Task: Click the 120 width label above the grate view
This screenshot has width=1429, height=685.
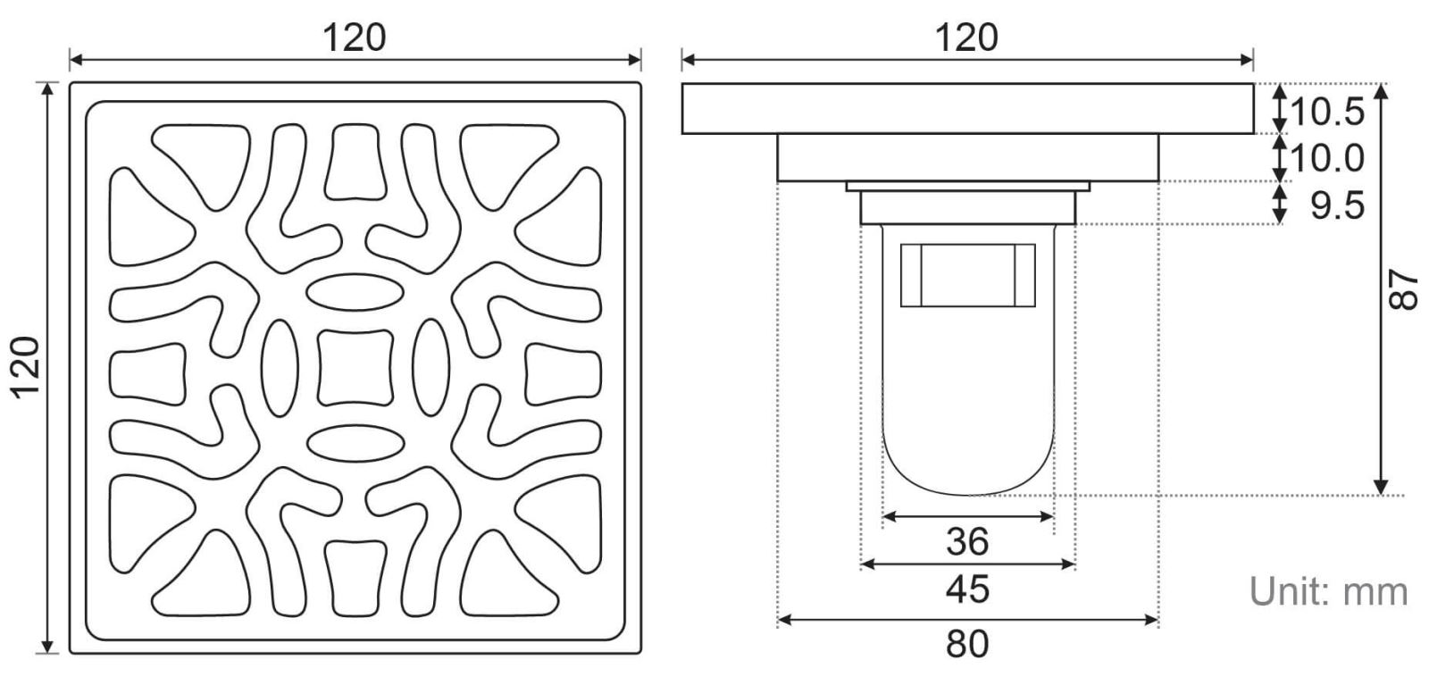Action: point(354,38)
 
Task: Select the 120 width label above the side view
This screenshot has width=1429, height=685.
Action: point(966,38)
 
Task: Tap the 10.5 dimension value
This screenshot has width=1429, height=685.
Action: point(1327,112)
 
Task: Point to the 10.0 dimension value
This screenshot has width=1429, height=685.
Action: point(1327,159)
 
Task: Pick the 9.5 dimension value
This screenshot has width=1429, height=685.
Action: point(1337,206)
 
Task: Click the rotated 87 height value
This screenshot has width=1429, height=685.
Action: point(1404,289)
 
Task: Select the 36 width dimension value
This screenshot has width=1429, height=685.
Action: point(967,541)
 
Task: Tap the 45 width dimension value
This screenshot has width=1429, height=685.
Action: point(967,589)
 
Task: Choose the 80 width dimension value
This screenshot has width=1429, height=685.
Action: point(967,643)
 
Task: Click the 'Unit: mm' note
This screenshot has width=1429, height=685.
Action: point(1328,591)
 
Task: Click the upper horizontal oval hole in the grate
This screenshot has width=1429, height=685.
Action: point(355,292)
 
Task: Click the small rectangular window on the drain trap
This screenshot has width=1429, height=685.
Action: point(968,274)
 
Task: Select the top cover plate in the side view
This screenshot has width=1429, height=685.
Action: point(967,109)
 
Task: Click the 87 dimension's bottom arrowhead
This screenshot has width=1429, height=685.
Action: point(1382,486)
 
